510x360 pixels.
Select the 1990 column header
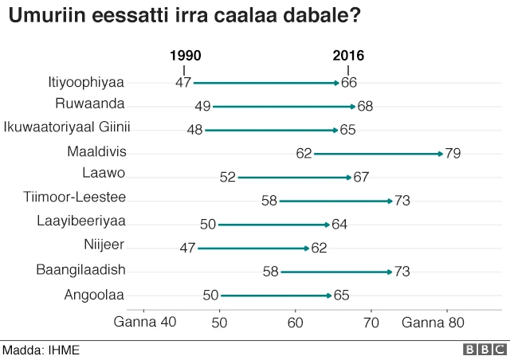point(185,56)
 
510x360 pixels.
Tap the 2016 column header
point(348,56)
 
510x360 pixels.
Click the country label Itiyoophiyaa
point(87,81)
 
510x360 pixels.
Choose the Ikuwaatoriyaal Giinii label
point(67,127)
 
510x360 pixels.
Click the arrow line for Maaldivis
point(378,153)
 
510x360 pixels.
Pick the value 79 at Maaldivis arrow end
point(453,153)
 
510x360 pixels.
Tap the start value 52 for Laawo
point(226,177)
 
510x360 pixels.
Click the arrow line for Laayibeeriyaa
point(273,225)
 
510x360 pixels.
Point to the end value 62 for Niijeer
point(319,248)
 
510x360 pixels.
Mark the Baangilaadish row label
point(80,271)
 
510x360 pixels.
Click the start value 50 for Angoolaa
point(210,295)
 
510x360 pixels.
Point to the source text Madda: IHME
point(41,350)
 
